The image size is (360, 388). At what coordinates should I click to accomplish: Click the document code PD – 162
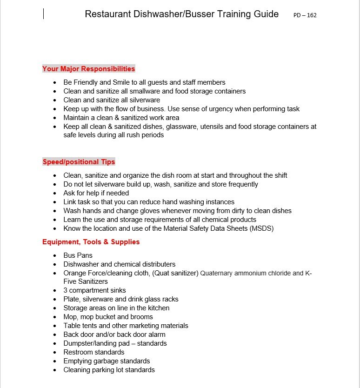pos(305,15)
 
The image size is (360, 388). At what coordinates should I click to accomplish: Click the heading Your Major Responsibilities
pos(88,69)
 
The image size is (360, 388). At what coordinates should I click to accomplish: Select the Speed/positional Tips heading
pos(79,162)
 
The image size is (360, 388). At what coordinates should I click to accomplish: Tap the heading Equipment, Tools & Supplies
pos(91,242)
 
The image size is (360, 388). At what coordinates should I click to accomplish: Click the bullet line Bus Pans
pos(78,255)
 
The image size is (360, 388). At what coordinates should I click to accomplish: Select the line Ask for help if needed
pos(96,193)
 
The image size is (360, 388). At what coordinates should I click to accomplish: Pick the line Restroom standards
pos(94,352)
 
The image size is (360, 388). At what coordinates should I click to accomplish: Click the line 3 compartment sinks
pos(95,290)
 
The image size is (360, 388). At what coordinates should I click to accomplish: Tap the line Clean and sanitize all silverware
pos(112,100)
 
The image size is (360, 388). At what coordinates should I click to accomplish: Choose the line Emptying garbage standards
pos(107,361)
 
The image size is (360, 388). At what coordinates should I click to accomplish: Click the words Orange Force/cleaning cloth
pos(107,273)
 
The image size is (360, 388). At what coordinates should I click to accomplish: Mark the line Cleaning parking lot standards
pos(109,370)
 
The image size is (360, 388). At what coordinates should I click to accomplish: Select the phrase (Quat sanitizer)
pos(175,273)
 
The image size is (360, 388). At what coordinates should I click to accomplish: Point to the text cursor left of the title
pos(43,14)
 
